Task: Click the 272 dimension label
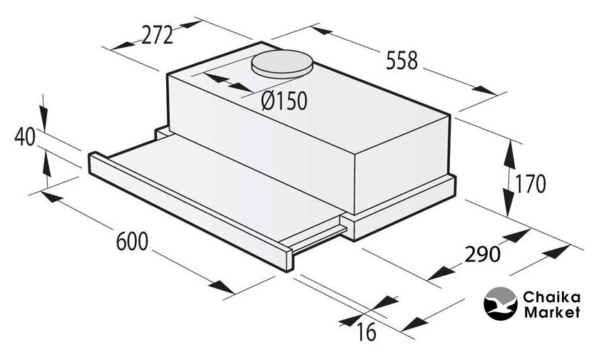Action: coord(157,36)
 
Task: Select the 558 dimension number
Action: coord(402,61)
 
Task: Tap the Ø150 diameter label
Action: coord(285,101)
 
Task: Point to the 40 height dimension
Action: coord(25,137)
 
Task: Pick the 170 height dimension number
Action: coord(531,184)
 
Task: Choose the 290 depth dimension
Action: coord(482,254)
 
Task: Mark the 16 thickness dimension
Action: coord(367,331)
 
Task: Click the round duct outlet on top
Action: coord(282,64)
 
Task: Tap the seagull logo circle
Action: coord(500,304)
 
